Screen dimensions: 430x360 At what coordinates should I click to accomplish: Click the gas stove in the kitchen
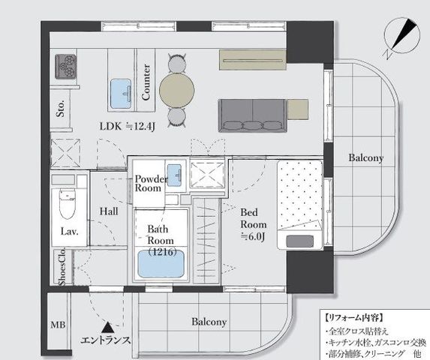(x=65, y=66)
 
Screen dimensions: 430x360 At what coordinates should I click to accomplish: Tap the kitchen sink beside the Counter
(x=121, y=94)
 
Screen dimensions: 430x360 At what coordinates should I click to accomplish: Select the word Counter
(x=146, y=82)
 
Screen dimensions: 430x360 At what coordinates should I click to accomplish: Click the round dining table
(x=177, y=90)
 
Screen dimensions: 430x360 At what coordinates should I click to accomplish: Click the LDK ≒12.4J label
(x=128, y=126)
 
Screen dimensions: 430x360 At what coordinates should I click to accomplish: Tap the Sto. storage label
(x=60, y=109)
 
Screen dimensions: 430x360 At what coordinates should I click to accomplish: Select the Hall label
(x=109, y=211)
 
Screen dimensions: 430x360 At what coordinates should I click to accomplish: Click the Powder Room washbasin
(x=174, y=175)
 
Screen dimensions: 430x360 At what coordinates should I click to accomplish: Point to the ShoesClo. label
(x=62, y=266)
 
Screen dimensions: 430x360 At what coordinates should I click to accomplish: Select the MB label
(x=58, y=325)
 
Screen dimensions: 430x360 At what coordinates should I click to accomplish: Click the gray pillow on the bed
(x=299, y=241)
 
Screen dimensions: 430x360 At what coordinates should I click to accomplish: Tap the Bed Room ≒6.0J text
(x=253, y=224)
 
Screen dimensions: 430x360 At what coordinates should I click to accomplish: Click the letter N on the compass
(x=388, y=54)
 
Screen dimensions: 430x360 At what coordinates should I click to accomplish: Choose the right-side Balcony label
(x=365, y=157)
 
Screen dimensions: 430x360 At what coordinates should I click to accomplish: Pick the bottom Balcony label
(x=209, y=322)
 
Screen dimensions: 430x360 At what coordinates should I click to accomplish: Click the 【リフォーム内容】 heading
(x=353, y=318)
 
